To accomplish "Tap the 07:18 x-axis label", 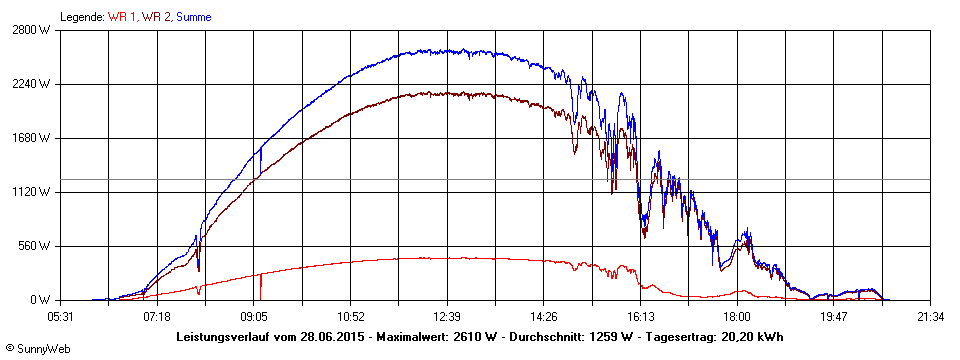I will coord(157,317).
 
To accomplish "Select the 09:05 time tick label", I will coord(254,317).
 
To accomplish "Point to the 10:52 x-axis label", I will coord(350,317).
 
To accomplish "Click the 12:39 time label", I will coord(447,317).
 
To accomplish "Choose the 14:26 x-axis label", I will coord(544,317).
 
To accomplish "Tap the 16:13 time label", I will coord(640,317).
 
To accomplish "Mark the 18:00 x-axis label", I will coord(737,317).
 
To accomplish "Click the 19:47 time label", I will coord(833,317).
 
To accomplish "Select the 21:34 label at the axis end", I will coord(930,317).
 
